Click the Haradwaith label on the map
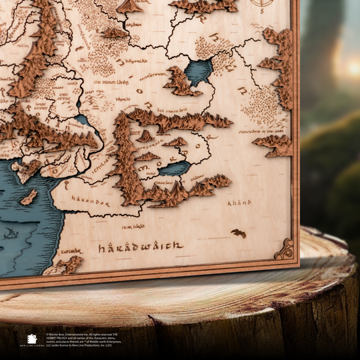[x=140, y=247]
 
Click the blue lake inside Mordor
[x=175, y=169]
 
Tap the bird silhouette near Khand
[x=238, y=233]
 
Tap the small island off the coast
[x=29, y=197]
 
